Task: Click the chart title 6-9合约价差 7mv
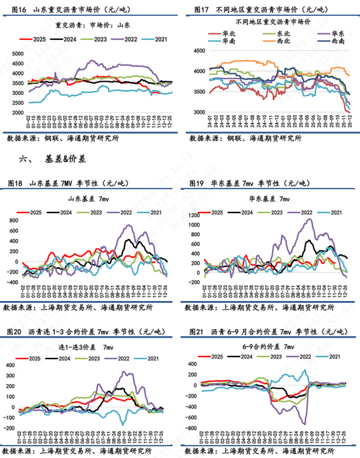point(270,344)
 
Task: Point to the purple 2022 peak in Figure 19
point(309,220)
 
